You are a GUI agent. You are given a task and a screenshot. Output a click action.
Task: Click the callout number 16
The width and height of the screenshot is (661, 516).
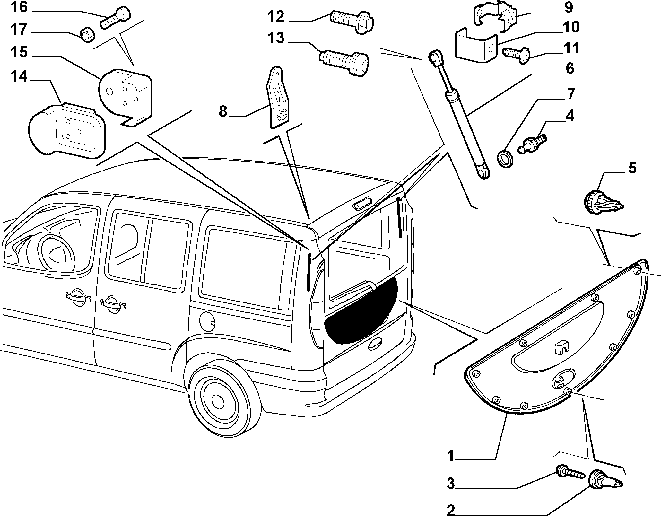19,7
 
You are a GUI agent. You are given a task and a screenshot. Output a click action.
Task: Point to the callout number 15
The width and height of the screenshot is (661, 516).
19,52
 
